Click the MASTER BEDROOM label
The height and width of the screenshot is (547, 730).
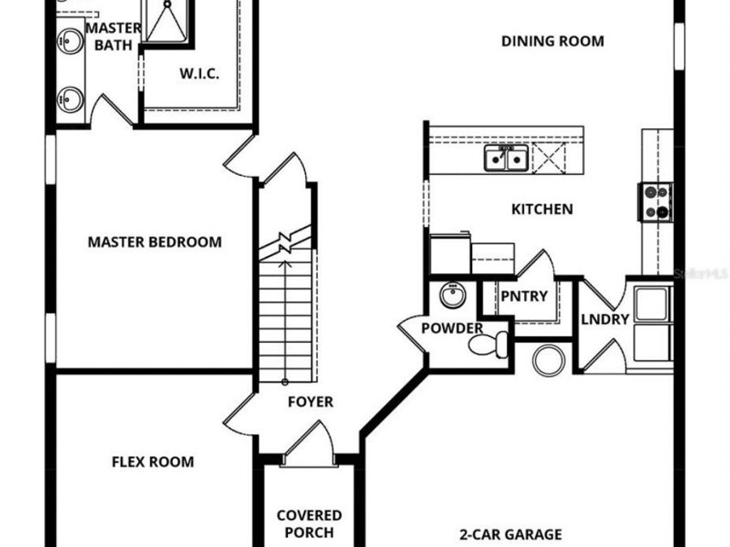pyautogui.click(x=154, y=241)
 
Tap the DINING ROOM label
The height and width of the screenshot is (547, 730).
pyautogui.click(x=552, y=41)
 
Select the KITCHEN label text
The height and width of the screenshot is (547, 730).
pyautogui.click(x=542, y=209)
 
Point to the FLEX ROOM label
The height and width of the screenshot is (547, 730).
pyautogui.click(x=152, y=462)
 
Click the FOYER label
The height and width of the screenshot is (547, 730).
pyautogui.click(x=311, y=401)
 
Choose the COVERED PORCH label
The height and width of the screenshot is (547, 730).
pyautogui.click(x=309, y=523)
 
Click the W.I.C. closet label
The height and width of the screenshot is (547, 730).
pyautogui.click(x=200, y=74)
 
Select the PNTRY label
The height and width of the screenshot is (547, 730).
pyautogui.click(x=523, y=296)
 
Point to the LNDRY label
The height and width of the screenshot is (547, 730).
pyautogui.click(x=605, y=318)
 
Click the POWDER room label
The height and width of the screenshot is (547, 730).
pyautogui.click(x=452, y=328)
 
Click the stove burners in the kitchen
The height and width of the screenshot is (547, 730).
pyautogui.click(x=657, y=202)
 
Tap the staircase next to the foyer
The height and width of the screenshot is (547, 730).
pyautogui.click(x=286, y=316)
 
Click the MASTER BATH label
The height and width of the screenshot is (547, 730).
pyautogui.click(x=114, y=36)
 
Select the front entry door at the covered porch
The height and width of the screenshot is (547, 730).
pyautogui.click(x=307, y=448)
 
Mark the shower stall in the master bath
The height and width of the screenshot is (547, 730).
pyautogui.click(x=167, y=20)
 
